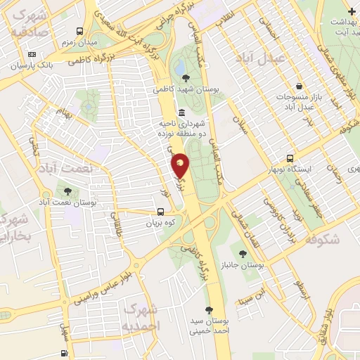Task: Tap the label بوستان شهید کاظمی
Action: pos(185,90)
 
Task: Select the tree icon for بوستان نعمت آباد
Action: pos(68,191)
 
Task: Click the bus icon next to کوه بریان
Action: pos(161,212)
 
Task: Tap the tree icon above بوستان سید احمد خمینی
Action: pos(208,309)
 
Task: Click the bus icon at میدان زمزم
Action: pos(79,32)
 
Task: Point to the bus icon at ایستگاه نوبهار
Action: pos(290,159)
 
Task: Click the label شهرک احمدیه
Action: pos(141,318)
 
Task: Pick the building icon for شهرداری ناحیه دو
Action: pos(182,112)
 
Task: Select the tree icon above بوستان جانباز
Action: pos(243,255)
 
